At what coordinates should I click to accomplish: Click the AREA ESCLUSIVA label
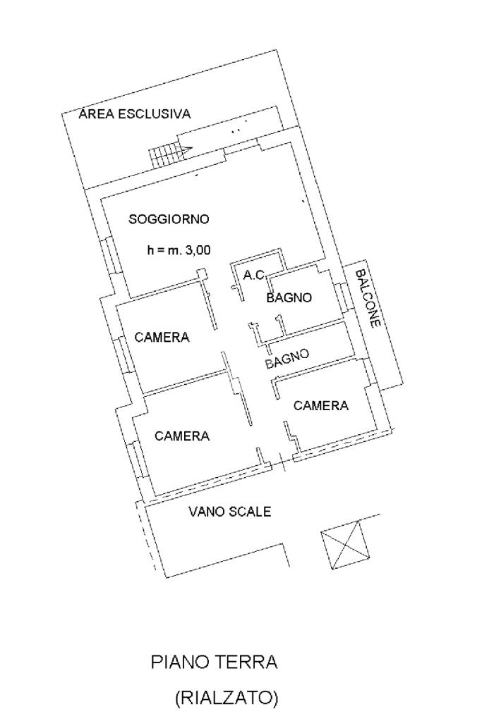[x=135, y=114]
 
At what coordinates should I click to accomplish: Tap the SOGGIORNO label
[x=169, y=219]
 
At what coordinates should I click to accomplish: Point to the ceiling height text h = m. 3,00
[x=179, y=248]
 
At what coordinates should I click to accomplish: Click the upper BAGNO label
[x=289, y=298]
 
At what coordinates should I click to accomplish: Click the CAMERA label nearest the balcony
[x=321, y=405]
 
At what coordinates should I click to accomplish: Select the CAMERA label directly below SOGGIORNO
[x=162, y=337]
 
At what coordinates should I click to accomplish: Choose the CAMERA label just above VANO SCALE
[x=182, y=436]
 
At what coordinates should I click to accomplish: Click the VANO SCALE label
[x=229, y=512]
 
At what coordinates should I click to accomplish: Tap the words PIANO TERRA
[x=215, y=663]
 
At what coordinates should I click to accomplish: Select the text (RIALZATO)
[x=227, y=698]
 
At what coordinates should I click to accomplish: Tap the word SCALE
[x=253, y=512]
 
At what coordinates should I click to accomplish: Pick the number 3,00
[x=199, y=248]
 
